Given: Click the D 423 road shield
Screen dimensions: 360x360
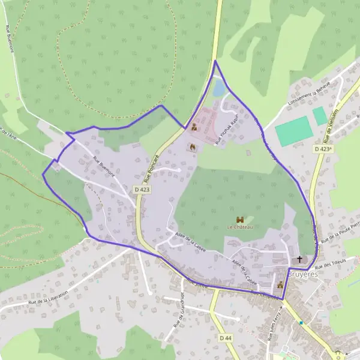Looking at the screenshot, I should [141, 190].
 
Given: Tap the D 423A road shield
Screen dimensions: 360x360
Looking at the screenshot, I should [323, 148].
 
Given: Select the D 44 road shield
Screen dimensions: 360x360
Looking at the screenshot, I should [225, 338].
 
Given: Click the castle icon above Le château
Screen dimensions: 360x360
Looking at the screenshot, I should [241, 220].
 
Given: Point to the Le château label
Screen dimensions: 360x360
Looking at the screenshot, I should [241, 227].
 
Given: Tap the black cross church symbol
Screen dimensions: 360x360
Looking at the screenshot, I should [300, 259].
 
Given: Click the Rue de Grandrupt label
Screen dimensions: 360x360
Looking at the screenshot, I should [178, 312].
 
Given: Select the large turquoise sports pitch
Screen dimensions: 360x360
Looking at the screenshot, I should [293, 131].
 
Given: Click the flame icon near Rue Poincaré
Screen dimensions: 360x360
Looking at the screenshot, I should [193, 146].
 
